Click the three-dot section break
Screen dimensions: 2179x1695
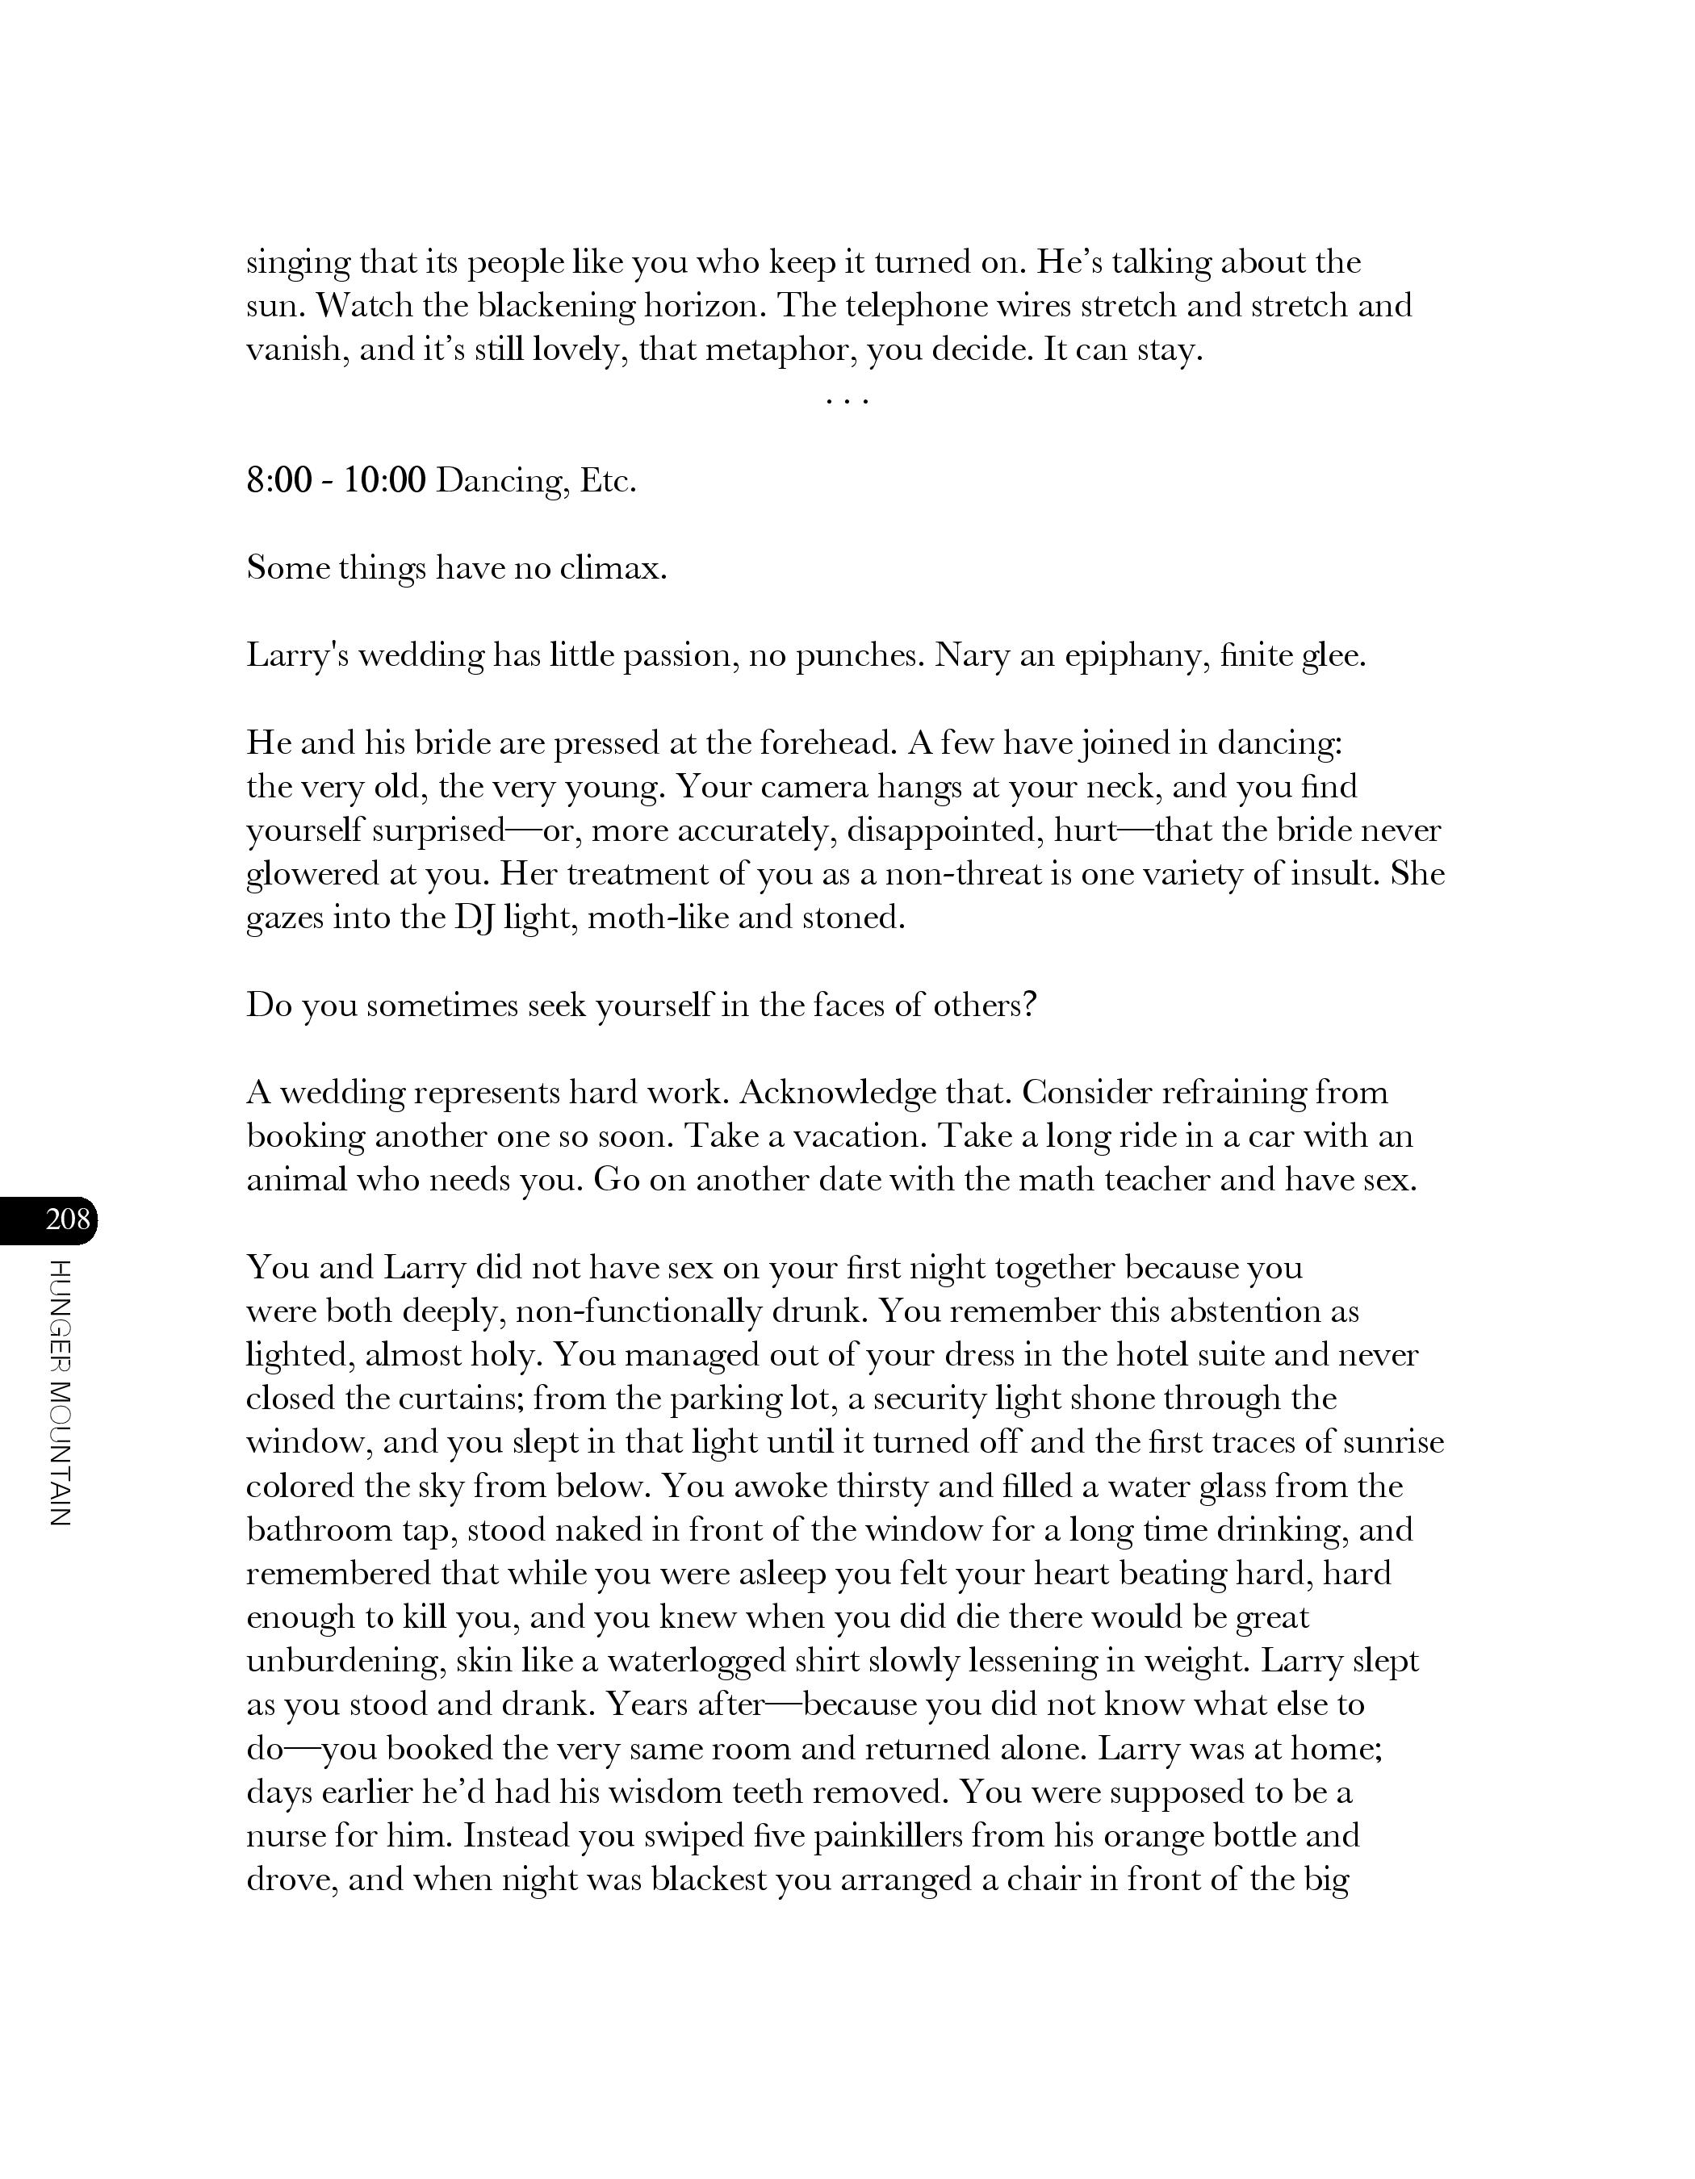point(847,401)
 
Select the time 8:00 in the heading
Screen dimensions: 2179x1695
point(278,481)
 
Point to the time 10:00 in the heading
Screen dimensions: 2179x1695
point(385,481)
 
